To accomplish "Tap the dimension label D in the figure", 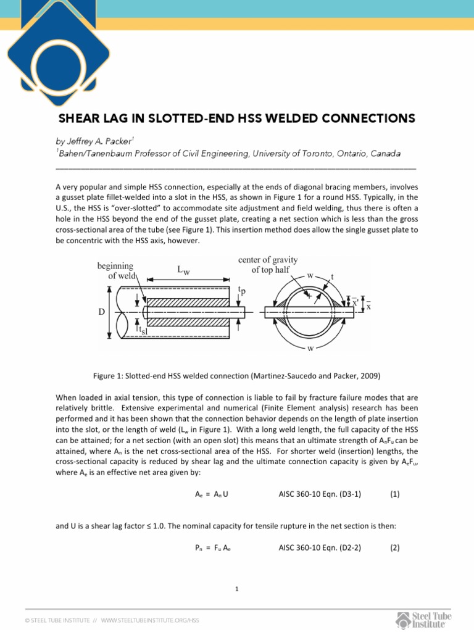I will click(x=101, y=312).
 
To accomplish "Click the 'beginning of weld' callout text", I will click(x=118, y=271).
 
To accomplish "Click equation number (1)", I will click(x=395, y=494).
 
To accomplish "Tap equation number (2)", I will click(x=395, y=546).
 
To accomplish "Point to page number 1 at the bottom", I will click(x=237, y=589).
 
